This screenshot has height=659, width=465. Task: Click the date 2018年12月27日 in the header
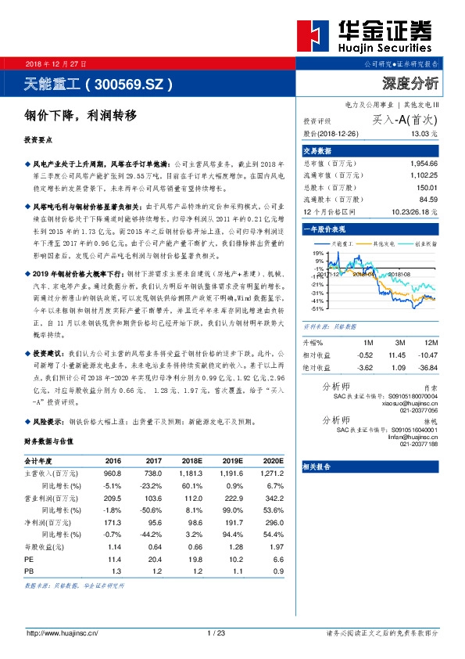[x=56, y=63]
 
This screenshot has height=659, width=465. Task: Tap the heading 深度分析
[x=410, y=83]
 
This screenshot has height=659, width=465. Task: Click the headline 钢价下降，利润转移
[x=80, y=115]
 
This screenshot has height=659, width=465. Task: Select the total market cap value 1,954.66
[x=423, y=164]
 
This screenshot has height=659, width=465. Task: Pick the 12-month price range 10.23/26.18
[x=414, y=211]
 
